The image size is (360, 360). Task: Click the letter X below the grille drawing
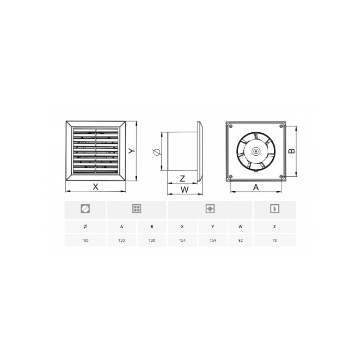click(x=95, y=187)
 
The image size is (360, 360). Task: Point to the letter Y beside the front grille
click(x=131, y=152)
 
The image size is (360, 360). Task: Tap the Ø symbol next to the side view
click(x=156, y=152)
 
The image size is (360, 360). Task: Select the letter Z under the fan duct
click(x=183, y=179)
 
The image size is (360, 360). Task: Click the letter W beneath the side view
click(x=184, y=189)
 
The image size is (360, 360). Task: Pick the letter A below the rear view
click(x=256, y=187)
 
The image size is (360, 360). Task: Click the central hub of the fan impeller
click(x=256, y=152)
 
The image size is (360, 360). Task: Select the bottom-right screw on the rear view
click(x=281, y=176)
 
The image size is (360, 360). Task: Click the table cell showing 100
click(x=85, y=240)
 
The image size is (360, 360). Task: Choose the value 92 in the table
click(x=241, y=240)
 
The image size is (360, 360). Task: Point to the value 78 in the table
click(x=274, y=240)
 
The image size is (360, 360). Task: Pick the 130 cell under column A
click(x=121, y=240)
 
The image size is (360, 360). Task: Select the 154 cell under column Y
click(x=212, y=240)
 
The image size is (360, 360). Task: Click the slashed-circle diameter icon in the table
click(x=85, y=209)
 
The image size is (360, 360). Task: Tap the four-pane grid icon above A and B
click(x=137, y=209)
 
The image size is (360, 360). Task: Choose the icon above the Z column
click(x=274, y=209)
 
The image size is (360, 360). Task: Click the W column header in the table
click(x=241, y=226)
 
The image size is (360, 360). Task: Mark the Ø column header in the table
click(x=85, y=226)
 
